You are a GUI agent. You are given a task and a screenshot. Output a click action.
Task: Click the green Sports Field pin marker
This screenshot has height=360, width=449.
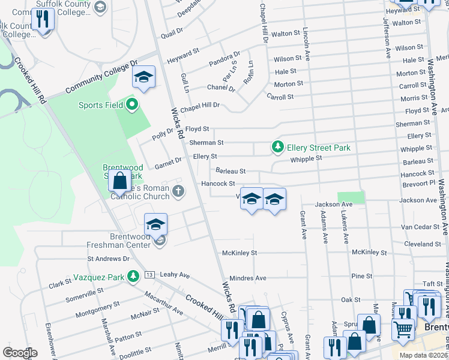[133, 106]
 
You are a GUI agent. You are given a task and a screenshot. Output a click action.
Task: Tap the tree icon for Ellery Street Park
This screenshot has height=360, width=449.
[277, 147]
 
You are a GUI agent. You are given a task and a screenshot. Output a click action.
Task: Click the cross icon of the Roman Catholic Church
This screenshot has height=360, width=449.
[177, 192]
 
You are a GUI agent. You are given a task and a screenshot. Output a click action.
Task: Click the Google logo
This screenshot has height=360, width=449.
[20, 353]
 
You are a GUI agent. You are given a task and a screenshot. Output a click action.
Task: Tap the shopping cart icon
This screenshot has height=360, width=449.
[403, 328]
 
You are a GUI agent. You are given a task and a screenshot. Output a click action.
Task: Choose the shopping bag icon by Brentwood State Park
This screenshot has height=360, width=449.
[120, 180]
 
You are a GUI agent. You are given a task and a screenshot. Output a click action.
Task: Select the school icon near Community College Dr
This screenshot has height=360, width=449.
[143, 77]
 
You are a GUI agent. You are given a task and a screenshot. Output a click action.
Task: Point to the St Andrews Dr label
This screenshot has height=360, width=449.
[109, 259]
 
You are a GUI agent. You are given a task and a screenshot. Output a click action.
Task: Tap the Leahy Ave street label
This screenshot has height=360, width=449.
[175, 275]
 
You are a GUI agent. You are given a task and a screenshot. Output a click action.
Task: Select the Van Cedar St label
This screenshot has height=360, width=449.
[420, 228]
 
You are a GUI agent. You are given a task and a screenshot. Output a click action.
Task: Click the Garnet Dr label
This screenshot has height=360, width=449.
[169, 161]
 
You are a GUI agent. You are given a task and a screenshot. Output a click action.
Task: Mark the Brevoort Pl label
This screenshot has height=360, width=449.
[419, 183]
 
